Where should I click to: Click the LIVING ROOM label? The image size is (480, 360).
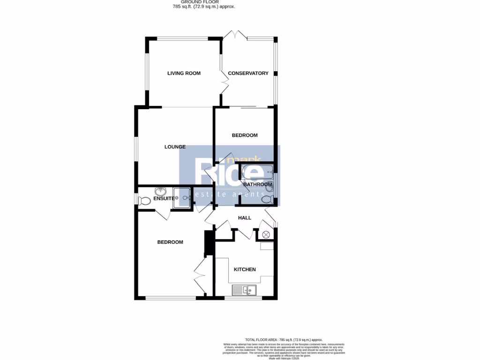(x=184, y=73)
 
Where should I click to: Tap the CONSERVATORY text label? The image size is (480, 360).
(x=248, y=73)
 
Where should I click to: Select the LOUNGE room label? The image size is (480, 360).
(x=175, y=147)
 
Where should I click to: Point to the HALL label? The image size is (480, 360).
(x=245, y=218)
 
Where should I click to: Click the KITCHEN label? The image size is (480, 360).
(x=245, y=269)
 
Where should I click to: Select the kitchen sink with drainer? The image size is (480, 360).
(x=244, y=291)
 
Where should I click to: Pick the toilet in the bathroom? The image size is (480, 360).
(x=267, y=200)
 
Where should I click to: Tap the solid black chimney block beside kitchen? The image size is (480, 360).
(x=209, y=243)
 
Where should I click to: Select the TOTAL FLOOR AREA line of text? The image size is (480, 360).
(x=284, y=339)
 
